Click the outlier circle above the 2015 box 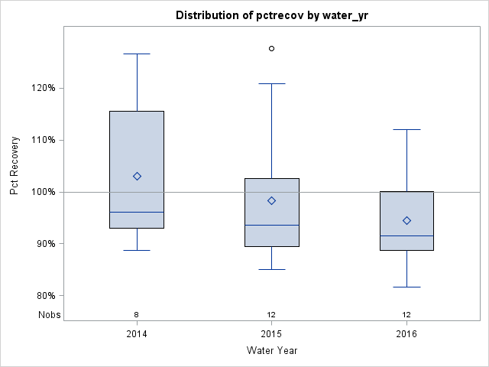271,48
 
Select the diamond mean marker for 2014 137,176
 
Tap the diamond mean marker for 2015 271,200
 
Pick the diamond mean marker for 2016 406,220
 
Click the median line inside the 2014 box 137,212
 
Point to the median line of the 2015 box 271,225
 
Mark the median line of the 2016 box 406,235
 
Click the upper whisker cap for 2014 137,54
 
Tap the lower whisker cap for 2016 406,287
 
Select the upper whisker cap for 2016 406,129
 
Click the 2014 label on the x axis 137,334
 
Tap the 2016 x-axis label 406,334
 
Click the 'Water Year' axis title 271,351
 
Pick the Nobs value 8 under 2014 137,314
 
